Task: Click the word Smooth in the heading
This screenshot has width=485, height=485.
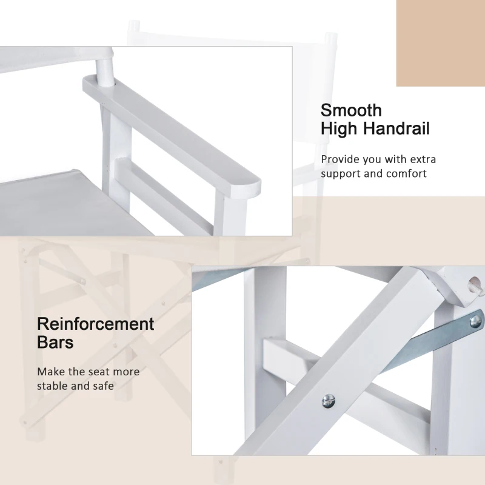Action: click(351, 110)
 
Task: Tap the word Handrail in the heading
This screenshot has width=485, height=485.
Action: click(396, 128)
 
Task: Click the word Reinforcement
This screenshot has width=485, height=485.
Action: click(96, 324)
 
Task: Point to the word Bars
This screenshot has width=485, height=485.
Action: click(55, 342)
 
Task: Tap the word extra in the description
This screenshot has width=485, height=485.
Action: click(423, 159)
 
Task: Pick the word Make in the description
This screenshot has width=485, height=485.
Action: click(51, 372)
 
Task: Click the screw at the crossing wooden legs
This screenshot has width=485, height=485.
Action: click(328, 401)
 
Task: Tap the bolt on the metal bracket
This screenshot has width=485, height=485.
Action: click(476, 322)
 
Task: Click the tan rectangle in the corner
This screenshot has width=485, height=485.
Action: click(441, 43)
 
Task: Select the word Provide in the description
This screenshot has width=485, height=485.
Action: click(340, 159)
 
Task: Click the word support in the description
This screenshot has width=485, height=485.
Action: click(341, 174)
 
